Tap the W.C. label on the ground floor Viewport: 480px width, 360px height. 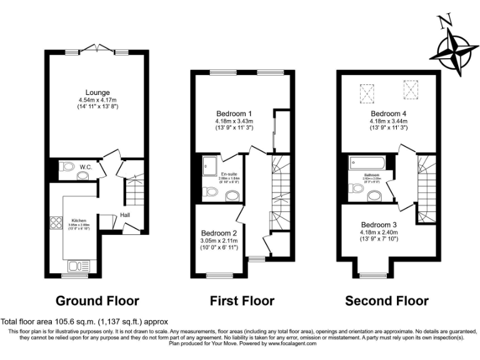86,167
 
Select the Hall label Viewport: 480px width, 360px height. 125,214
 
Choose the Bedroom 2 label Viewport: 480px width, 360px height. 217,233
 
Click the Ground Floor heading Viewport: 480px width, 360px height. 97,301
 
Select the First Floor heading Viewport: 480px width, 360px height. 242,301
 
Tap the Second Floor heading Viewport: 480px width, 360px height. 387,301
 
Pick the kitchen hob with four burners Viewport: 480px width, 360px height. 54,222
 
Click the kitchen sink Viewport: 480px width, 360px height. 77,266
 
